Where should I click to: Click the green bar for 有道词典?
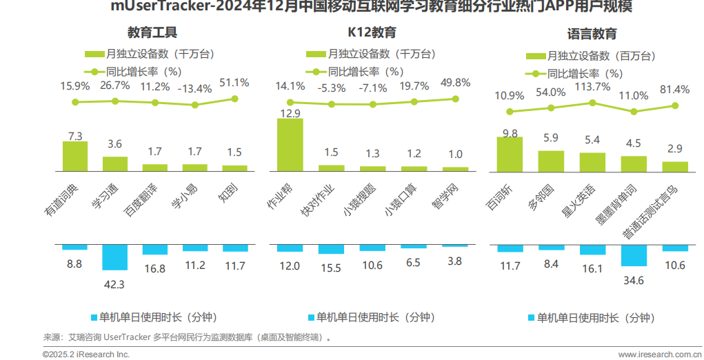pos(75,156)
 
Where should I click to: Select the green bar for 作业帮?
pos(290,144)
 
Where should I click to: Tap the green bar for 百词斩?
pos(510,153)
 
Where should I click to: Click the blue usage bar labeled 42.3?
pos(114,257)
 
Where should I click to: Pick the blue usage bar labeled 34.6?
pos(634,255)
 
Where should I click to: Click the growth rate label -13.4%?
pos(194,88)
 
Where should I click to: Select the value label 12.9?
pos(290,113)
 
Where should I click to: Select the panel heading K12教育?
pos(372,32)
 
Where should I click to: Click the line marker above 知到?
pos(234,99)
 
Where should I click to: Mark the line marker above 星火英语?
pos(592,103)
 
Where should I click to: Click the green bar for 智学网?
pos(455,168)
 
